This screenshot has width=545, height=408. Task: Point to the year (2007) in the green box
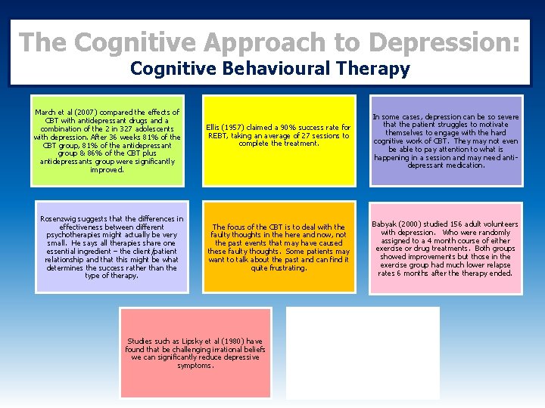click(x=86, y=113)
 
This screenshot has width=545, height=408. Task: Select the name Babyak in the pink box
click(x=385, y=224)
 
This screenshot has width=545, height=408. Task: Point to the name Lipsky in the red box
click(x=185, y=342)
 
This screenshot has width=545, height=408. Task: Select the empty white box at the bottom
click(x=363, y=353)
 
